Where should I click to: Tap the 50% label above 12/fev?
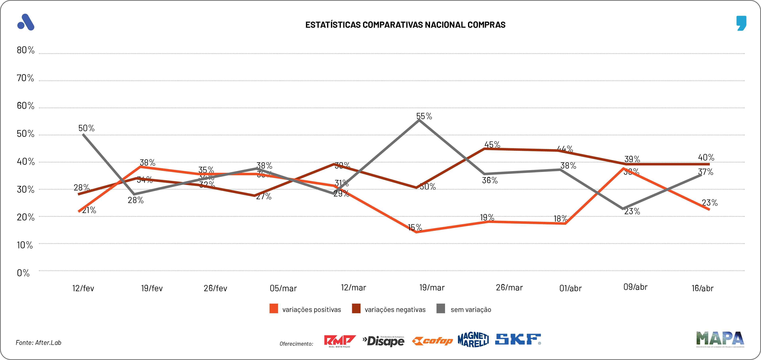click(86, 128)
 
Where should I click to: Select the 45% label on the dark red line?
click(492, 145)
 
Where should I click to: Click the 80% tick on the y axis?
click(25, 50)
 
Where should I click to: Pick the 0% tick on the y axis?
click(23, 273)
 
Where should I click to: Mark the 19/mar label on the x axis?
click(432, 288)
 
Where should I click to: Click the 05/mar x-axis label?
click(283, 288)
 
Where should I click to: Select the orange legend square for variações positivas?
click(273, 309)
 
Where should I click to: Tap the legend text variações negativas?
click(395, 310)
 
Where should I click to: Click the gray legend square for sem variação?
click(440, 309)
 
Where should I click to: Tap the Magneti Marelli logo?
click(473, 340)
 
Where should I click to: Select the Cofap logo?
click(432, 341)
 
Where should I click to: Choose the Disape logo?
click(383, 341)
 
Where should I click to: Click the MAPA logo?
click(720, 339)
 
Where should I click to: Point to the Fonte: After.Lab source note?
click(38, 343)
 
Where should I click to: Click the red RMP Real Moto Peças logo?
click(340, 341)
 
